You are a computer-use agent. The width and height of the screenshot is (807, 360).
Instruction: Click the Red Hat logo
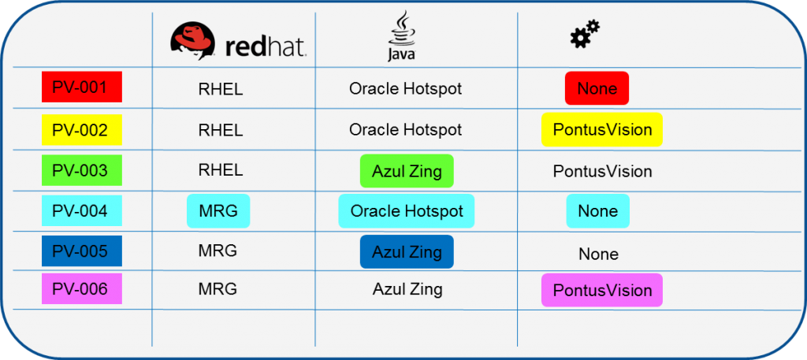pyautogui.click(x=238, y=41)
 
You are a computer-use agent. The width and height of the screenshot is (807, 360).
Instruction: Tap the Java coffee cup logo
pyautogui.click(x=401, y=35)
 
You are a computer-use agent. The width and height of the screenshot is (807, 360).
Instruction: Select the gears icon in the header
pyautogui.click(x=585, y=34)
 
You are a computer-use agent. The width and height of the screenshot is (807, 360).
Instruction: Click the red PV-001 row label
pyautogui.click(x=81, y=87)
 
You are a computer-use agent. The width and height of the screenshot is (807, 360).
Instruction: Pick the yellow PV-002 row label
pyautogui.click(x=81, y=130)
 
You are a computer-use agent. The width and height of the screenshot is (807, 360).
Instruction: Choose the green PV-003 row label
pyautogui.click(x=81, y=170)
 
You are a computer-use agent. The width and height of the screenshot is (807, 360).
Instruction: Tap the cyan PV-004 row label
pyautogui.click(x=81, y=210)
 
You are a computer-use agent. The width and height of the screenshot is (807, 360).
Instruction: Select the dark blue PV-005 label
pyautogui.click(x=81, y=251)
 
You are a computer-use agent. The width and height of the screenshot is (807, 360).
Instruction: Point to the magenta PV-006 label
pyautogui.click(x=81, y=288)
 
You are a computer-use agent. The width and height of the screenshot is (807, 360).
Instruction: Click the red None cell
pyautogui.click(x=597, y=88)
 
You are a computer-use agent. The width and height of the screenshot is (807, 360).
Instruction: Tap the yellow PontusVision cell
pyautogui.click(x=602, y=130)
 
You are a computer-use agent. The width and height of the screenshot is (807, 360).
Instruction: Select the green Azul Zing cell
pyautogui.click(x=407, y=171)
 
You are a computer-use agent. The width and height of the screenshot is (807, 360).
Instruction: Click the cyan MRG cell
pyautogui.click(x=218, y=211)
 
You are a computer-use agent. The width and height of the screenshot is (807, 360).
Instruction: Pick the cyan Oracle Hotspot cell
pyautogui.click(x=407, y=211)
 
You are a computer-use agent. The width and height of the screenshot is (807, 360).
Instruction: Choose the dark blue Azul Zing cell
pyautogui.click(x=407, y=252)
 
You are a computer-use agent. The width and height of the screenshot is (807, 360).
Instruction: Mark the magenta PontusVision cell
pyautogui.click(x=602, y=290)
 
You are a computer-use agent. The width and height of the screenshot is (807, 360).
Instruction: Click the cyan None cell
pyautogui.click(x=598, y=211)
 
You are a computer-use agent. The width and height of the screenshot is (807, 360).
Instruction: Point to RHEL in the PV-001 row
pyautogui.click(x=221, y=90)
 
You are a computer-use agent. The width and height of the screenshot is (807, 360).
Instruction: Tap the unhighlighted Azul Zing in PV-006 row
pyautogui.click(x=407, y=289)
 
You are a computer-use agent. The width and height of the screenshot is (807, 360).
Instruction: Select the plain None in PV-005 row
pyautogui.click(x=599, y=254)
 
